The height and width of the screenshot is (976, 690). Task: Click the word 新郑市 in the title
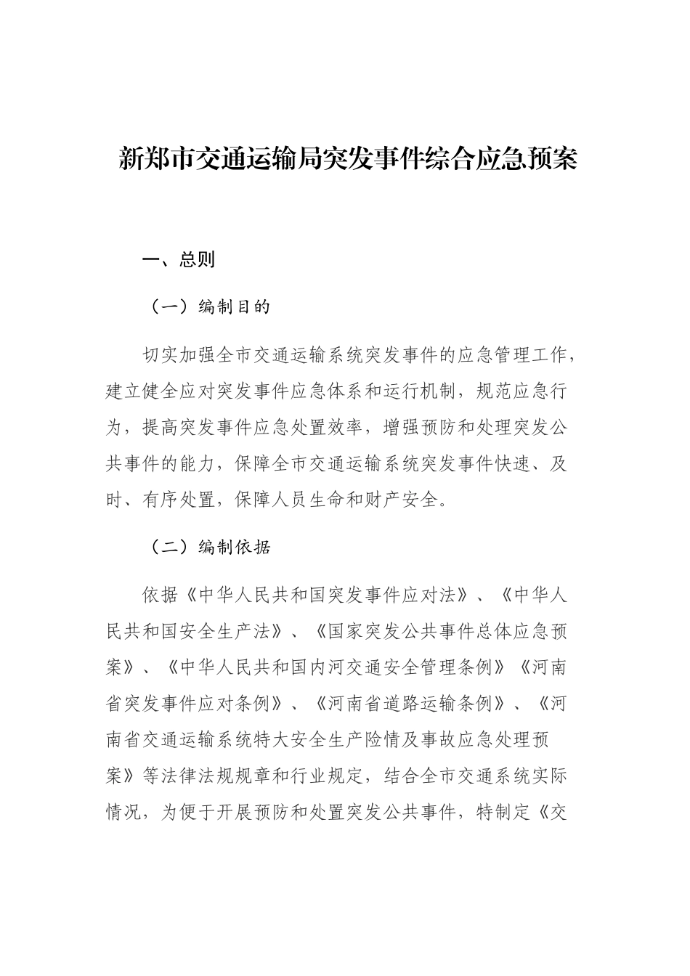[x=156, y=158]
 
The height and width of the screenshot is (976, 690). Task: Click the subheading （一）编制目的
[x=208, y=307]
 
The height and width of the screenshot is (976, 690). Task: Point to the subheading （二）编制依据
[x=208, y=548]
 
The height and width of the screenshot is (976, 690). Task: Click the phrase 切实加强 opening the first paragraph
[x=179, y=356]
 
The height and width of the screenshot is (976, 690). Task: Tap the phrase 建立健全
[x=142, y=392]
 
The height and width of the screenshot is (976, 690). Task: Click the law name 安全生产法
[x=234, y=631]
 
